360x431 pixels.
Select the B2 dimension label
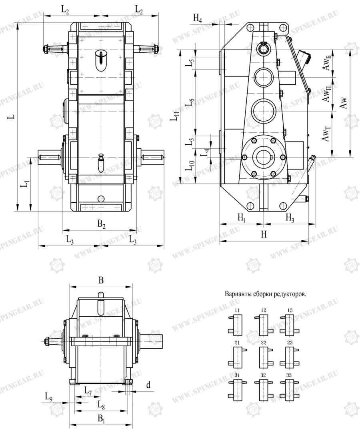click(x=102, y=225)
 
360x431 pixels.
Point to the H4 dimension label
click(x=198, y=18)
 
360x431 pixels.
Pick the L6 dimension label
click(x=190, y=102)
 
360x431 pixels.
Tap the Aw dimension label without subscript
click(x=343, y=103)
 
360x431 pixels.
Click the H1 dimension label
click(x=241, y=217)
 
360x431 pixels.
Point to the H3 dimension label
click(x=290, y=217)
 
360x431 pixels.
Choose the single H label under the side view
click(x=264, y=235)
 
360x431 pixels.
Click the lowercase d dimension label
click(x=148, y=385)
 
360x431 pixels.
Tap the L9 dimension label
click(x=48, y=397)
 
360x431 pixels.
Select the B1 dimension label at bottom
click(x=101, y=419)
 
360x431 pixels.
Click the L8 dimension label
click(x=102, y=405)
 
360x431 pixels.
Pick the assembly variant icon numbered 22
click(x=263, y=355)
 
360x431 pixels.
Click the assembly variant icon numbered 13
click(x=289, y=323)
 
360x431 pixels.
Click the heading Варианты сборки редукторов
click(x=266, y=294)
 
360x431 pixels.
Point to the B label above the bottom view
click(x=101, y=281)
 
